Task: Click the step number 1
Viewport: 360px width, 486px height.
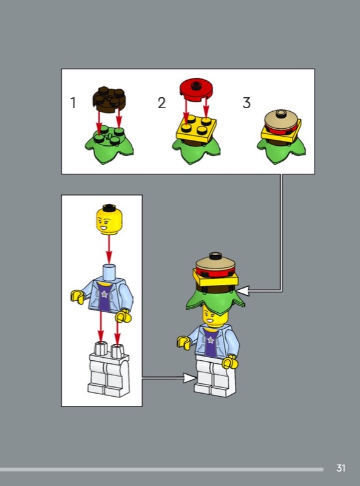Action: click(x=73, y=103)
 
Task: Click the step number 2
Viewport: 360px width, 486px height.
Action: click(x=161, y=103)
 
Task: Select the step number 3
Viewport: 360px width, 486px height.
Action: click(x=246, y=103)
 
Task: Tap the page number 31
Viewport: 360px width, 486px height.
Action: click(x=341, y=468)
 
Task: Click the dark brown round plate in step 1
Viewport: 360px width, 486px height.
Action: click(x=109, y=98)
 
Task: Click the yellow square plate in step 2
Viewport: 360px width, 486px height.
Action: click(x=196, y=129)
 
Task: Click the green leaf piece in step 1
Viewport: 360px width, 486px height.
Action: click(x=109, y=145)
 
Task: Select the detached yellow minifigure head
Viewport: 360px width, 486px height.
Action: click(x=109, y=219)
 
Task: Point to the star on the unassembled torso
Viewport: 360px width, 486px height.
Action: click(x=104, y=294)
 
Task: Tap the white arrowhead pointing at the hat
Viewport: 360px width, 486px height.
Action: click(x=243, y=291)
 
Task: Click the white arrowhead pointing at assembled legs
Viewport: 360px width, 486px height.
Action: click(x=189, y=378)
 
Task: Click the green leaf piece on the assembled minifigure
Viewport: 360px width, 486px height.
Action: click(x=216, y=301)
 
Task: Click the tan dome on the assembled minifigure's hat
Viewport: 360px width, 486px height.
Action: click(x=215, y=262)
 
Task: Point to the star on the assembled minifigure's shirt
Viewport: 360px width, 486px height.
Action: click(x=211, y=340)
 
